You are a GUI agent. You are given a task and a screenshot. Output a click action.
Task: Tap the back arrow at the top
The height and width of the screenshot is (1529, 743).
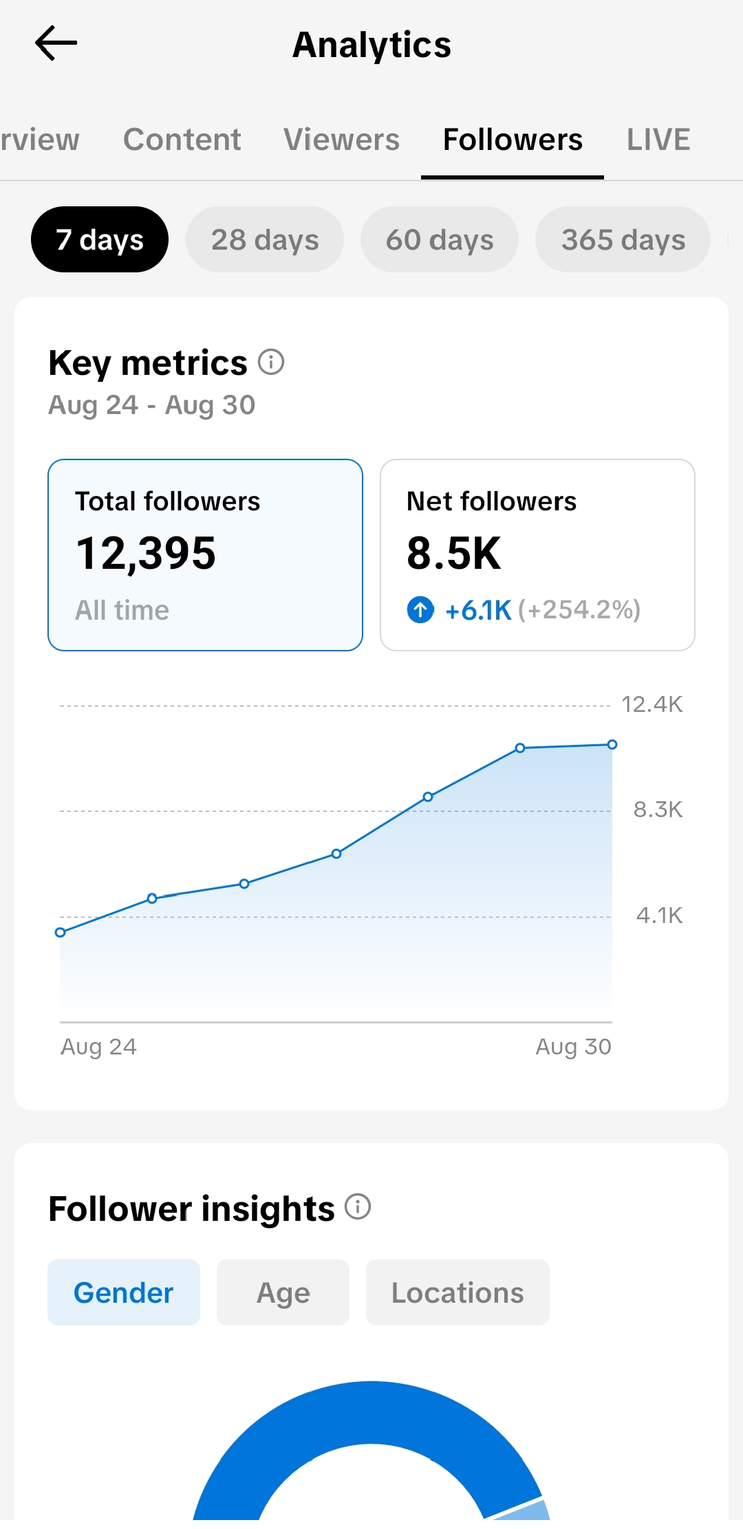pyautogui.click(x=56, y=43)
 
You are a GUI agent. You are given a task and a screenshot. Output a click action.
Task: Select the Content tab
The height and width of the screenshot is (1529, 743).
pyautogui.click(x=182, y=140)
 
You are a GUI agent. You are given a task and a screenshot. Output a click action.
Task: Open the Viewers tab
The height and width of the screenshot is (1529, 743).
pyautogui.click(x=341, y=140)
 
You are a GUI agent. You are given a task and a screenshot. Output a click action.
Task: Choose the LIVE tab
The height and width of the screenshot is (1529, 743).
pyautogui.click(x=658, y=140)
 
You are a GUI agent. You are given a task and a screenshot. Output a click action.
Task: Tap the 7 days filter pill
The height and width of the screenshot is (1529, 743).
pyautogui.click(x=100, y=239)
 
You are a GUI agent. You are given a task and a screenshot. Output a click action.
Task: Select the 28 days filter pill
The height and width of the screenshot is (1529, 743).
pyautogui.click(x=265, y=239)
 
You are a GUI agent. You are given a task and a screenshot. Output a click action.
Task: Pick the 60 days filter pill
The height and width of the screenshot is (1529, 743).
pyautogui.click(x=440, y=239)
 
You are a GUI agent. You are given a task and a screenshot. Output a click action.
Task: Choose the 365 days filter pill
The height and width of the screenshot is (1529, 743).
pyautogui.click(x=623, y=239)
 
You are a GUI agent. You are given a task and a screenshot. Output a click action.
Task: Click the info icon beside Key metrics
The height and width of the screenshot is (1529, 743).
pyautogui.click(x=271, y=362)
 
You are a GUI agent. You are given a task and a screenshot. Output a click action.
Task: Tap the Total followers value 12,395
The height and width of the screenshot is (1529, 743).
pyautogui.click(x=146, y=554)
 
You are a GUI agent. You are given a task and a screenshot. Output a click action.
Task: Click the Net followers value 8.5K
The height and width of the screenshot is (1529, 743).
pyautogui.click(x=454, y=554)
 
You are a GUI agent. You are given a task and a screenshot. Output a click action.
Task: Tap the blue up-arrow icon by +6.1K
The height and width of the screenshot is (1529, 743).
pyautogui.click(x=420, y=609)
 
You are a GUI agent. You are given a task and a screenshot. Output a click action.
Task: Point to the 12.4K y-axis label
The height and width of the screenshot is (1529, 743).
pyautogui.click(x=652, y=704)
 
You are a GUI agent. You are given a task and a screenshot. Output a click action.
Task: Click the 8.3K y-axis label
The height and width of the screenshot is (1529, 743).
pyautogui.click(x=658, y=810)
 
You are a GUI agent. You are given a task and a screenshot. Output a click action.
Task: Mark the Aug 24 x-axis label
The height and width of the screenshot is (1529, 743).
pyautogui.click(x=99, y=1047)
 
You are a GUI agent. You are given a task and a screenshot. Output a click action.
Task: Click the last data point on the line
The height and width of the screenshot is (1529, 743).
pyautogui.click(x=612, y=744)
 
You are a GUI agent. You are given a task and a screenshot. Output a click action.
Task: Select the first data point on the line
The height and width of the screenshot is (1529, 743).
pyautogui.click(x=60, y=932)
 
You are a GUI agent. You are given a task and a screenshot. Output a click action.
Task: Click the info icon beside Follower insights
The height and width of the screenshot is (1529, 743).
pyautogui.click(x=358, y=1206)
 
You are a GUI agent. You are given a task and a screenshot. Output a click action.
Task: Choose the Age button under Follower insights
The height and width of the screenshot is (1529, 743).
pyautogui.click(x=283, y=1292)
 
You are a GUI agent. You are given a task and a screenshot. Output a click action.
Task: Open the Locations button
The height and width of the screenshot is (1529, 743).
pyautogui.click(x=457, y=1292)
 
